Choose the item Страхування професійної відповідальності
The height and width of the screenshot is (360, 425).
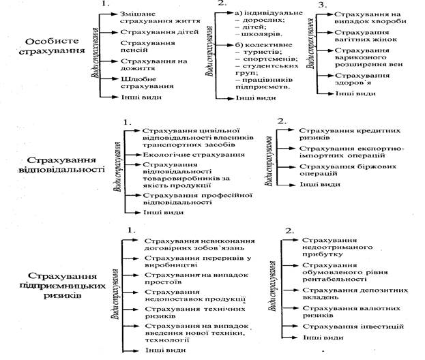pyautogui.click(x=188, y=198)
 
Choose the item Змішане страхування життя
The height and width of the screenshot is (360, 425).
pyautogui.click(x=150, y=18)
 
